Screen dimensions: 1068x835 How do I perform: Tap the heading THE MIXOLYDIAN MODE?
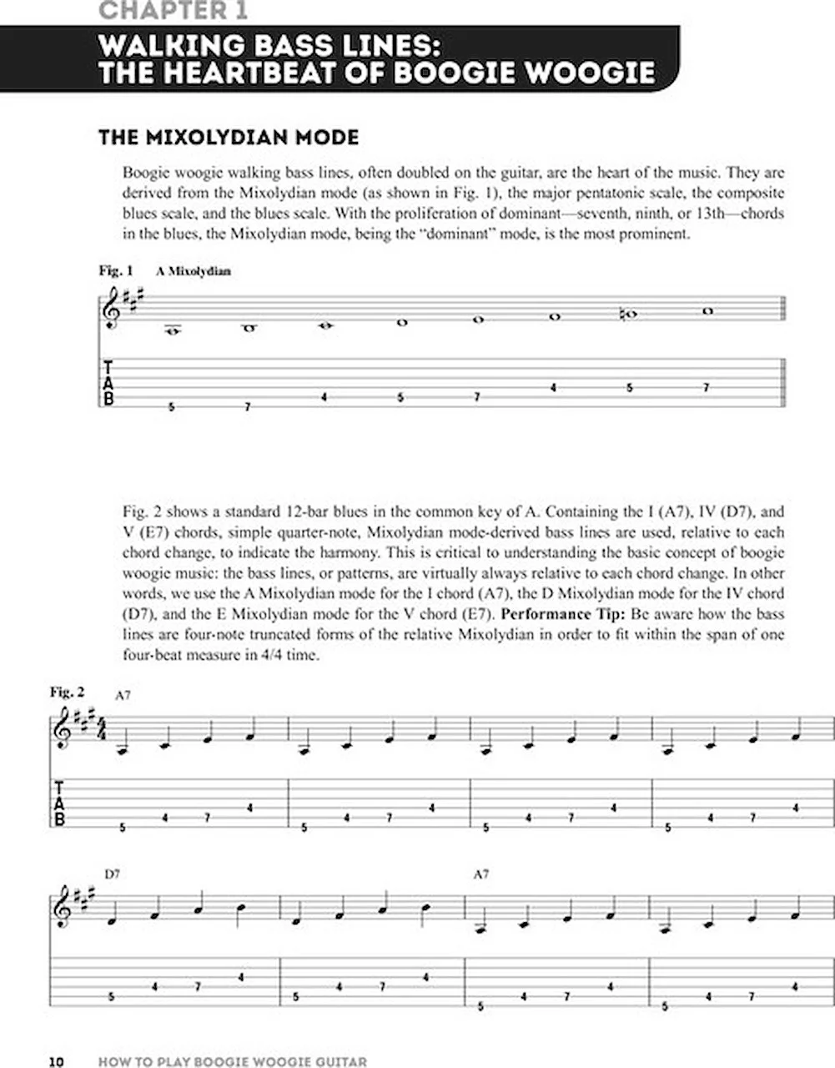pyautogui.click(x=229, y=137)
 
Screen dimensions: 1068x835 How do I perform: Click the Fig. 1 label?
pyautogui.click(x=116, y=271)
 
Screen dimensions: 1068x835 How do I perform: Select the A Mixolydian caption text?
pyautogui.click(x=193, y=271)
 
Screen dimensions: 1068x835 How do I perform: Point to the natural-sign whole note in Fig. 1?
pyautogui.click(x=630, y=315)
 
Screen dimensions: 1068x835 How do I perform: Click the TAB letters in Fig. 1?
pyautogui.click(x=107, y=383)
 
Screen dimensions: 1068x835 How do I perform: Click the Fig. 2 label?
pyautogui.click(x=68, y=692)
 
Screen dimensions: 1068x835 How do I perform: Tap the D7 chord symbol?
pyautogui.click(x=112, y=874)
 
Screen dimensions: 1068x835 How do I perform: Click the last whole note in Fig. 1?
pyautogui.click(x=707, y=311)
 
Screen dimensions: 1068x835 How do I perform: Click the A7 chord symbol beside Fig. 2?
pyautogui.click(x=123, y=693)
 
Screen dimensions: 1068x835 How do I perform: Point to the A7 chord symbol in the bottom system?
pyautogui.click(x=480, y=874)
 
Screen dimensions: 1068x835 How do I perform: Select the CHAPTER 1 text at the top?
pyautogui.click(x=173, y=11)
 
